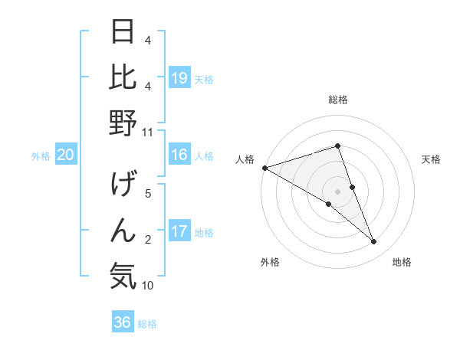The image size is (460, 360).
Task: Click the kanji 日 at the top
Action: (x=123, y=32)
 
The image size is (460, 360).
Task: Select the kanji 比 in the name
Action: (x=123, y=77)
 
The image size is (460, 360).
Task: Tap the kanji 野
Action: (x=123, y=123)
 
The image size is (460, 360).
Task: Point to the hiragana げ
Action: (x=123, y=185)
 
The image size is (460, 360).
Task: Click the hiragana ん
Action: (x=123, y=231)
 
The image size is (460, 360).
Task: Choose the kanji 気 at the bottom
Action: (x=123, y=276)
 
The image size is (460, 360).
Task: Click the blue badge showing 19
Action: (x=179, y=77)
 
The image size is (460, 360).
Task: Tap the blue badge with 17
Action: (x=179, y=231)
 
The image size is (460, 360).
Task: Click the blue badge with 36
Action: (x=123, y=322)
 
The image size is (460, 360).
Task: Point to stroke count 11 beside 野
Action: (x=147, y=133)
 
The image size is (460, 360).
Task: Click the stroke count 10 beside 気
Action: (x=147, y=286)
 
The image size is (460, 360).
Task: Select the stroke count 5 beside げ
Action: (x=148, y=194)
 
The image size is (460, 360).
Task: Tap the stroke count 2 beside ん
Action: (x=148, y=240)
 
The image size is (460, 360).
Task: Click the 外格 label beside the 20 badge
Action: (x=41, y=156)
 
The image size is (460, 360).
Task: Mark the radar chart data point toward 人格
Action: (x=264, y=167)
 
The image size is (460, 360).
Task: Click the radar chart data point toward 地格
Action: (x=374, y=242)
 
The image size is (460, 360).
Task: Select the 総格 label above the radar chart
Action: (x=338, y=100)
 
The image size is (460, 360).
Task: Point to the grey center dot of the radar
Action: (x=338, y=191)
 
